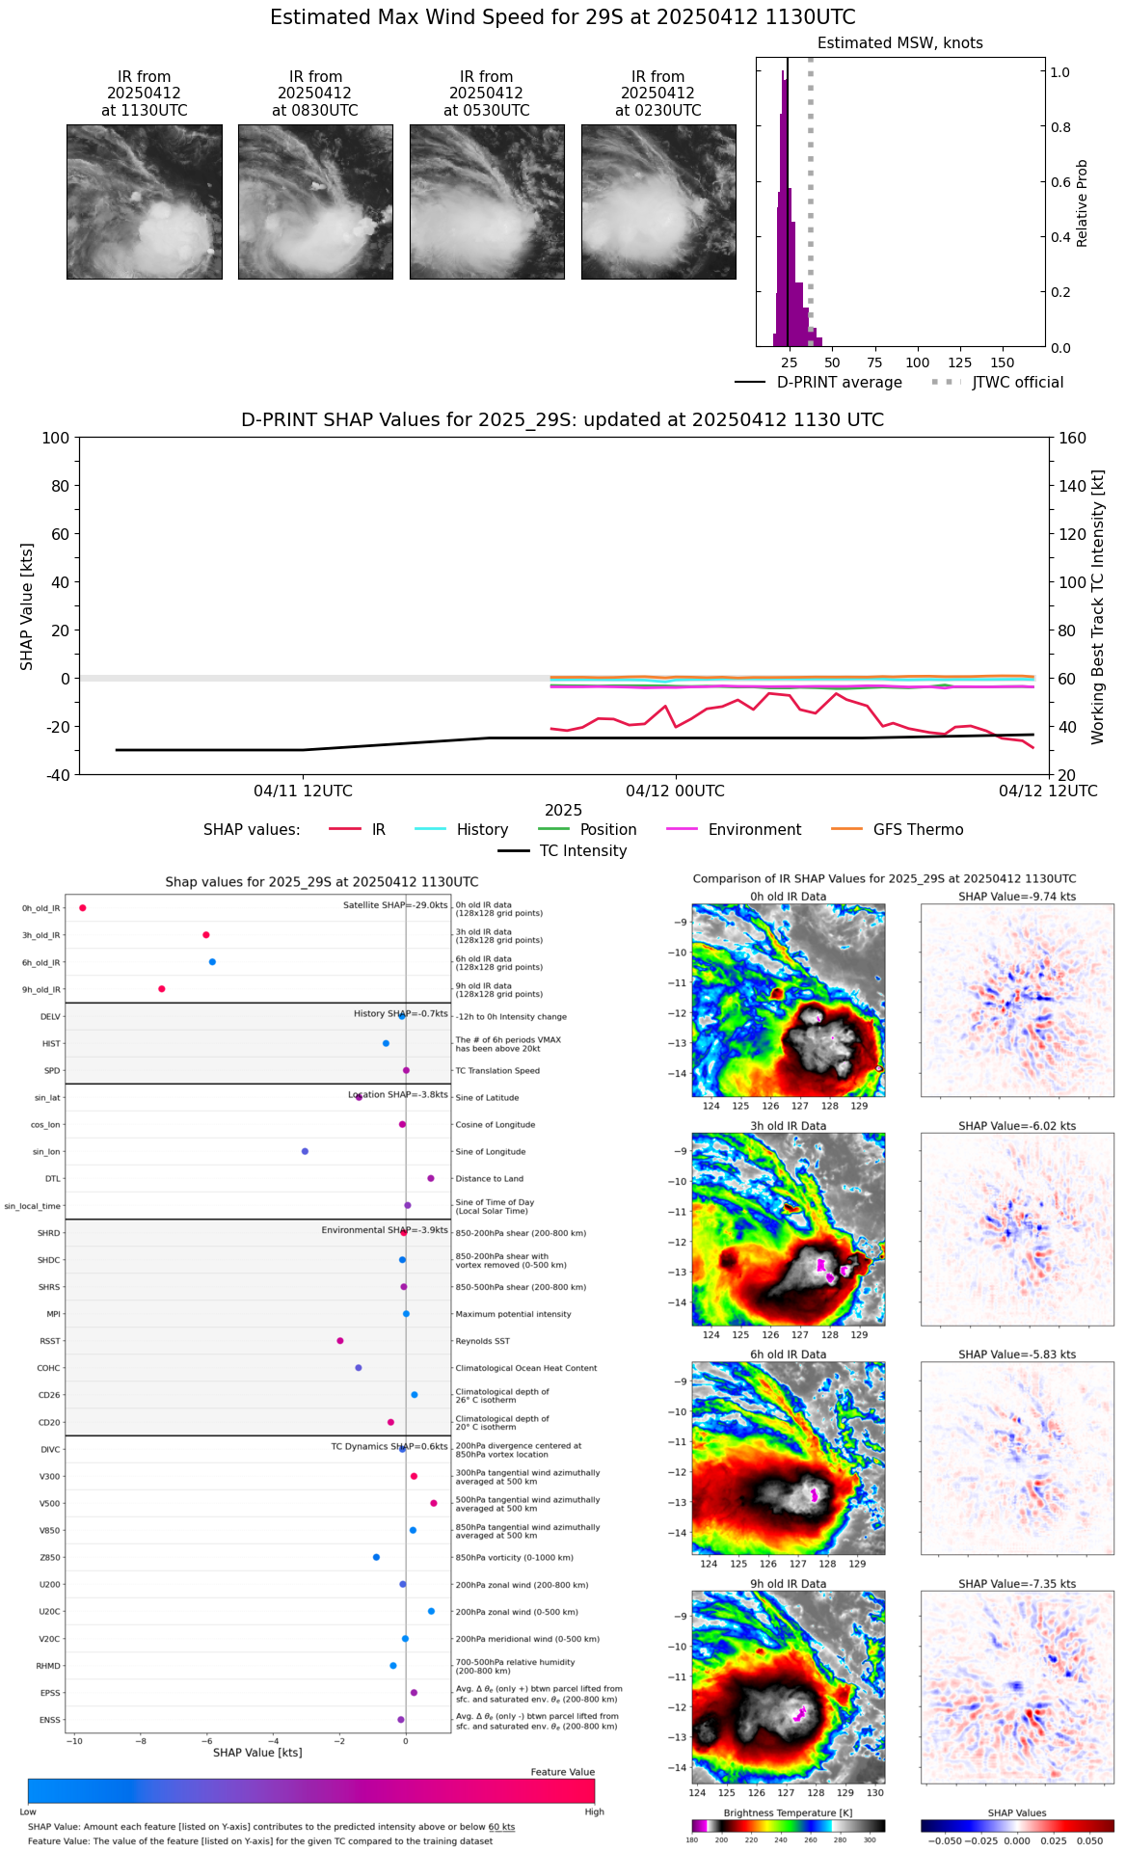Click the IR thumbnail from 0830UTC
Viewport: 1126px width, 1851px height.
[x=315, y=201]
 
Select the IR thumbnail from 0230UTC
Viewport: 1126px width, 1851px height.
[x=658, y=201]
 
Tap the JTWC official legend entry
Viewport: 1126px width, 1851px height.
[x=998, y=383]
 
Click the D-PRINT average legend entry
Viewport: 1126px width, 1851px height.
[x=818, y=383]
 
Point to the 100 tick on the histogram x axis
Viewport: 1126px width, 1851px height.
[x=917, y=362]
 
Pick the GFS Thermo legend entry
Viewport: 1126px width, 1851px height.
[x=897, y=830]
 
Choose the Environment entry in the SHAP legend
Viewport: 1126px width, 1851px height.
[x=734, y=830]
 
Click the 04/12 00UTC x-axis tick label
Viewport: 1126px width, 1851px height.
[x=675, y=791]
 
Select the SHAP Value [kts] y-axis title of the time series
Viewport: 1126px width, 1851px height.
[x=27, y=606]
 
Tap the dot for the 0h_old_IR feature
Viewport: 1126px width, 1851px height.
[x=83, y=908]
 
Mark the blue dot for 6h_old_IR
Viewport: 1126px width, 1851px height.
[x=212, y=962]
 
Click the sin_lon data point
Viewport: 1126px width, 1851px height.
[x=305, y=1151]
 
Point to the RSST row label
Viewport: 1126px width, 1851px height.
[x=49, y=1341]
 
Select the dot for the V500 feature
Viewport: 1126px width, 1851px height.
[x=434, y=1503]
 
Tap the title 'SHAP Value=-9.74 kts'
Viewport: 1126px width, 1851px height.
[x=1017, y=897]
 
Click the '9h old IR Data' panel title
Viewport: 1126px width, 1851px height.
[x=788, y=1584]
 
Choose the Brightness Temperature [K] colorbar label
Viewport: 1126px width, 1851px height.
[x=788, y=1813]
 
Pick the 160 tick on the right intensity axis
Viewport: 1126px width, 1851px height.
[x=1073, y=438]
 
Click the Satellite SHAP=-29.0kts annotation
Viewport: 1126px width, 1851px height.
[x=395, y=905]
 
